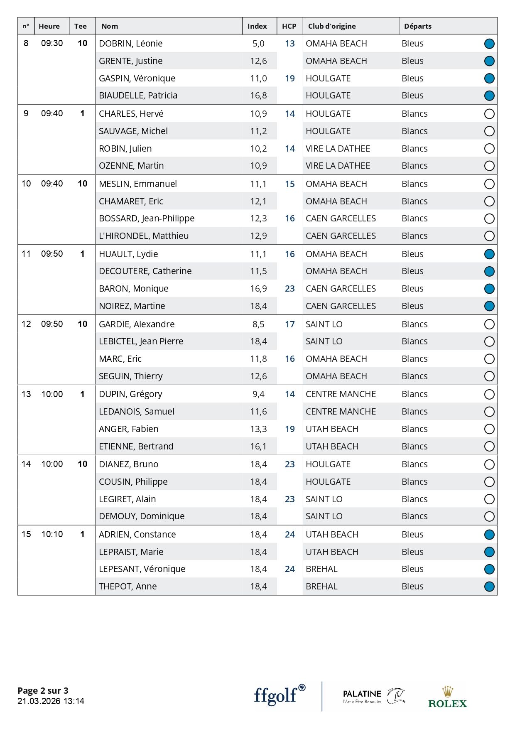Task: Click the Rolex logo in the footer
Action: click(x=447, y=698)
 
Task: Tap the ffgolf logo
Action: click(x=279, y=695)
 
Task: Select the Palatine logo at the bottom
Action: click(x=373, y=696)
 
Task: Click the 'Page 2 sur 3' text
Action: click(x=43, y=690)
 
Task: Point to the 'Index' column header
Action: click(x=257, y=26)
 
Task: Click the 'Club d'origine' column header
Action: click(x=331, y=26)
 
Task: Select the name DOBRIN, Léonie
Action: click(x=130, y=44)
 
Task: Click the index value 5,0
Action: click(x=258, y=44)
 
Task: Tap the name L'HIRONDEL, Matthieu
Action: click(x=144, y=236)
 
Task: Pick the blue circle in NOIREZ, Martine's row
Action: click(x=489, y=306)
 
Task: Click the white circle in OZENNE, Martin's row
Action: click(x=489, y=166)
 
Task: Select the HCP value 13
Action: click(x=289, y=44)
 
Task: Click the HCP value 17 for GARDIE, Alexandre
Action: click(x=289, y=324)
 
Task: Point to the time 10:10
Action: click(x=52, y=535)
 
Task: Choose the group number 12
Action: click(x=26, y=324)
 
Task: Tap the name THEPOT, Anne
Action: click(x=128, y=587)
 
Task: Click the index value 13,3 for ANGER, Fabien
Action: click(x=258, y=429)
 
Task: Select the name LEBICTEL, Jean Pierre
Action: click(x=141, y=341)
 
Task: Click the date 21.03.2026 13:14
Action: click(x=51, y=701)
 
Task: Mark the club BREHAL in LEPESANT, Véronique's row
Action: click(x=321, y=569)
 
